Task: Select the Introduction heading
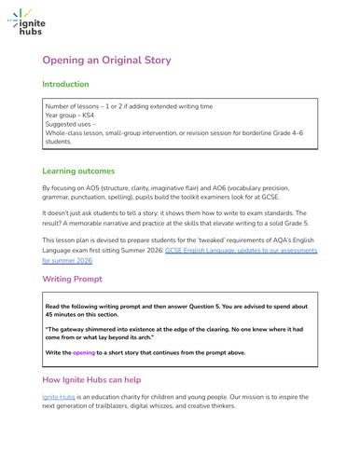(x=66, y=84)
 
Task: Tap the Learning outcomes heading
(x=79, y=171)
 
